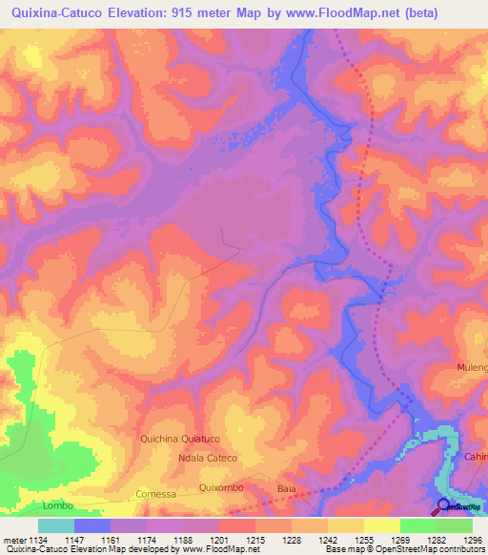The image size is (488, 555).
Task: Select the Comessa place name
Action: (x=156, y=494)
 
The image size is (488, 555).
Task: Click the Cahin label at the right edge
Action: (x=476, y=456)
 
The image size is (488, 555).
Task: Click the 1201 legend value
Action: (x=217, y=539)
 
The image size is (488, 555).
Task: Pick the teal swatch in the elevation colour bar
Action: (x=56, y=524)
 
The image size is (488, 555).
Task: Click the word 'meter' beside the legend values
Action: (x=14, y=539)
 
